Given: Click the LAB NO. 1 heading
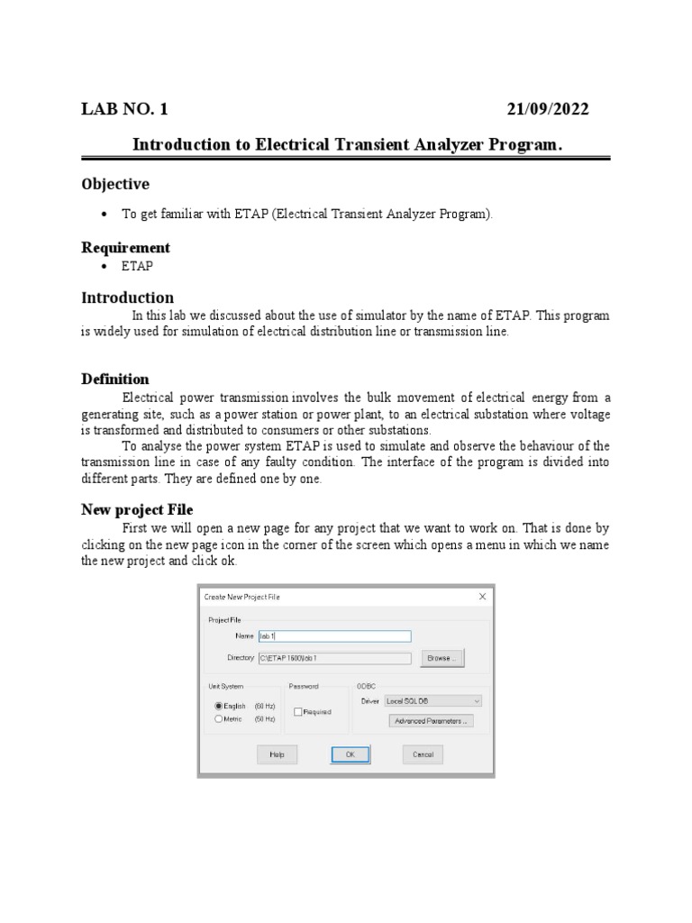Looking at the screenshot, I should pos(124,110).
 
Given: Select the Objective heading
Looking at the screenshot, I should pos(115,184).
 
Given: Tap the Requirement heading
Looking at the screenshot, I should pos(125,247).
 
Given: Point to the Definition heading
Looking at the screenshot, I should pos(115,379).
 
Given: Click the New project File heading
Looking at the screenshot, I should pos(137,509).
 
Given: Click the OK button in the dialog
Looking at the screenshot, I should pos(350,754).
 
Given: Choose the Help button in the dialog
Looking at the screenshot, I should pos(277,754).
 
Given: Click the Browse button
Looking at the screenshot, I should pos(441,658).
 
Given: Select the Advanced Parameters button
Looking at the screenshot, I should pos(431,721).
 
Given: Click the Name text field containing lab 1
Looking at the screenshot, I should pos(334,636).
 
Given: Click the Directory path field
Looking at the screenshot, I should pos(334,658).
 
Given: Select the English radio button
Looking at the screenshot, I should pos(218,706).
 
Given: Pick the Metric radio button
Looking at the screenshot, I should pos(218,719).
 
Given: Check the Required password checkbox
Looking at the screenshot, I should pos(297,712).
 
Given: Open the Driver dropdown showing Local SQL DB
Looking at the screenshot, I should pos(432,700).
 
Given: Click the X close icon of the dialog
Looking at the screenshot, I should pos(482,596).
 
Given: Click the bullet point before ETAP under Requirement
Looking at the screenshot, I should pos(104,267).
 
